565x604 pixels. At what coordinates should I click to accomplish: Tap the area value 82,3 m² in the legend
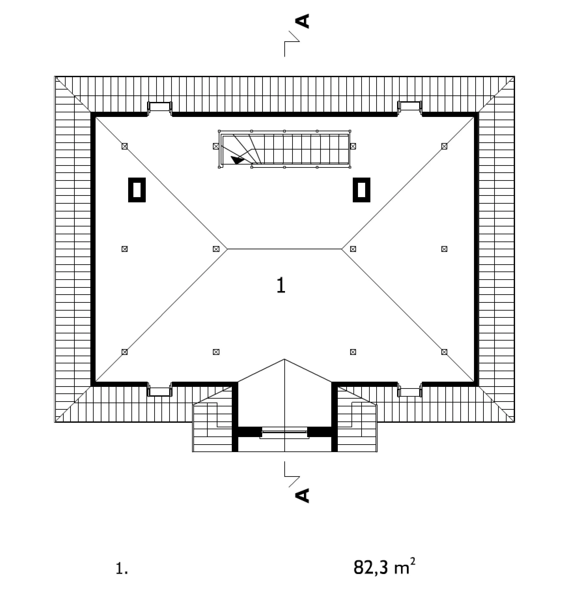tap(384, 567)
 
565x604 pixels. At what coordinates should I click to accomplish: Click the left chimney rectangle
tap(137, 190)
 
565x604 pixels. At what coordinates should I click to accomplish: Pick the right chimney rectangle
tap(361, 190)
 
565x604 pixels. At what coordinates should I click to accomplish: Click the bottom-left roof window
tap(160, 390)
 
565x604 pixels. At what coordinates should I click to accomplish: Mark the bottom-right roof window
tap(410, 390)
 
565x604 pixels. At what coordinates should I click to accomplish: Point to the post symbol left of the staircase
tap(216, 146)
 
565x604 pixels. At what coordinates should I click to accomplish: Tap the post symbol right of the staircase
tap(353, 146)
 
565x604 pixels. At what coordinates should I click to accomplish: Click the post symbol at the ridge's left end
tap(216, 249)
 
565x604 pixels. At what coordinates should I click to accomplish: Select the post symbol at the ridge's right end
tap(353, 249)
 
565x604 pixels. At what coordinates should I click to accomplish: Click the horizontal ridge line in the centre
tap(285, 249)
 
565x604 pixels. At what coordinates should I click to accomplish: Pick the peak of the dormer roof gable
tap(285, 359)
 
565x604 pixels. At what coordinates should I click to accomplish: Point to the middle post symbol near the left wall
tap(124, 249)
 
